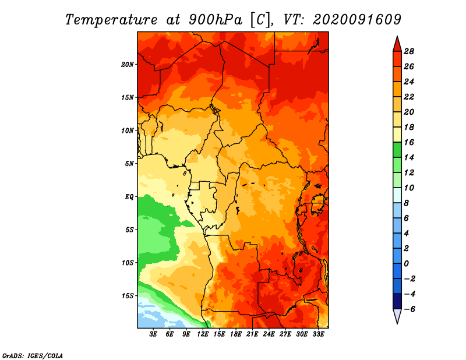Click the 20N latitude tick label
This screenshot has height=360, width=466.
pos(128,65)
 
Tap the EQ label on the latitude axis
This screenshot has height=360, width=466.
pos(129,197)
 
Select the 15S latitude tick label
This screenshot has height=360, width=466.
pos(128,296)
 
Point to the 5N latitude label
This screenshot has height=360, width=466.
pos(129,164)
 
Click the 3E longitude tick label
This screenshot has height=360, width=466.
pos(153,334)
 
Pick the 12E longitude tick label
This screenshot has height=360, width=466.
pos(203,334)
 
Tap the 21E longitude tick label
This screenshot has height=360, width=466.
pos(252,334)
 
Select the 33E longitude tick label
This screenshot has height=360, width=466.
pos(318,334)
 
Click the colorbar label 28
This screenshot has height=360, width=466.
pos(409,51)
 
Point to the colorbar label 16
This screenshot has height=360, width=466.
pos(409,142)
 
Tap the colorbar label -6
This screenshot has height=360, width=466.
pos(409,309)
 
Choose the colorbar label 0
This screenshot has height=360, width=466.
pos(406,264)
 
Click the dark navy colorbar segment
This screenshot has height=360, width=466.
pos(397,301)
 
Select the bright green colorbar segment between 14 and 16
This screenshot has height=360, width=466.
pos(397,150)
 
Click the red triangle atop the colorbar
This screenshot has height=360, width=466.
pos(397,45)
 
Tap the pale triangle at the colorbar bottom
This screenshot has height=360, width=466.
pos(397,316)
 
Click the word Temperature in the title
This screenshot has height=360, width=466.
pos(111,20)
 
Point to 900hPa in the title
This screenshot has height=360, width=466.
pos(215,20)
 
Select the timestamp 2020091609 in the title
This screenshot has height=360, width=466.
pos(357,20)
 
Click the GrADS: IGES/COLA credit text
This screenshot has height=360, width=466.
pos(33,355)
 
